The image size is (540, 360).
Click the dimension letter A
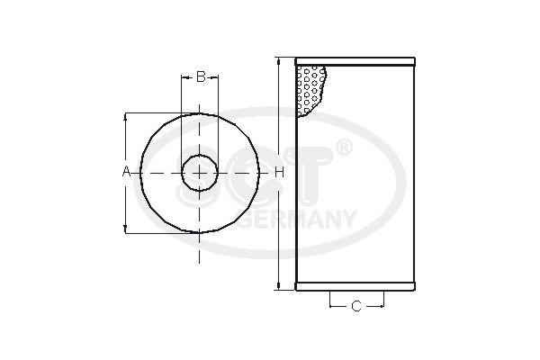coord(127,171)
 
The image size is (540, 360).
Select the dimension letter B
coord(201,77)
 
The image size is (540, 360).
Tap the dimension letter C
coord(355,307)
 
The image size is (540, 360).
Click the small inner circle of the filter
coord(200,171)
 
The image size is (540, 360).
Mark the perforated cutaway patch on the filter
coord(310,90)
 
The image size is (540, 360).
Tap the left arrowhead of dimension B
coord(184,77)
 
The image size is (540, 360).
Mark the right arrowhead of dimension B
coord(216,77)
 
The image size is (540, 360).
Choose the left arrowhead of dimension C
coord(333,307)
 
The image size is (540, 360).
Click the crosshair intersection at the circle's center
coord(200,171)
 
